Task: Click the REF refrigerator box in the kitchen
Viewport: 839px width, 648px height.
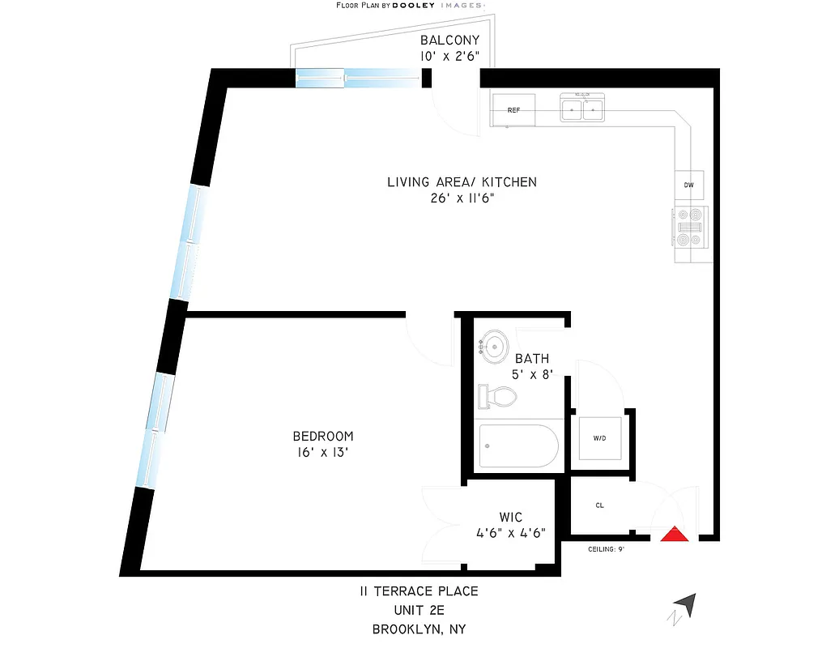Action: [x=513, y=110]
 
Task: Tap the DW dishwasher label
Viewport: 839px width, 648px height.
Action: [x=689, y=185]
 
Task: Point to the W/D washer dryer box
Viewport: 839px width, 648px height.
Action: [x=599, y=439]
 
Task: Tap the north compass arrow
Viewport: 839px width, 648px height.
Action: [x=685, y=604]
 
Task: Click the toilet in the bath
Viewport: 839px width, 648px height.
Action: [x=498, y=396]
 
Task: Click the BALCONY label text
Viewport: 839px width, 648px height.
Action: [x=449, y=40]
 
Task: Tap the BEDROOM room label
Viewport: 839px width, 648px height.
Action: [x=323, y=436]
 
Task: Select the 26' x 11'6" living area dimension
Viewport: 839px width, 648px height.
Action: [x=462, y=198]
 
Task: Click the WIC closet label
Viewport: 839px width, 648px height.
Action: [x=510, y=517]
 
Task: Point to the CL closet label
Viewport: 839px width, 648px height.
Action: [x=600, y=505]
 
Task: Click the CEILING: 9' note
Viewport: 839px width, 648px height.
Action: [x=606, y=549]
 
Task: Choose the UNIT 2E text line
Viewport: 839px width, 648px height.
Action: [x=419, y=610]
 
